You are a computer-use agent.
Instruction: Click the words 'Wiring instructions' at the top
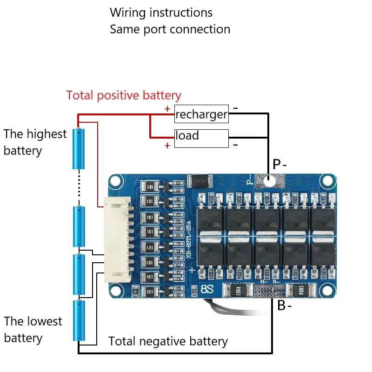(x=161, y=13)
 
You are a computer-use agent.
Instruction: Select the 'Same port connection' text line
(x=170, y=29)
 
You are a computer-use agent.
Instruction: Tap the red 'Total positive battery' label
(x=123, y=96)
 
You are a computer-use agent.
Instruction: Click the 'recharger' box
(x=201, y=114)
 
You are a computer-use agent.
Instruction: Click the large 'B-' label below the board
(x=285, y=306)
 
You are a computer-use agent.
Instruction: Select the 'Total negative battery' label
(x=168, y=342)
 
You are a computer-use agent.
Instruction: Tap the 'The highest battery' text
(x=35, y=142)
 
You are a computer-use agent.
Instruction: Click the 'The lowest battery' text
(x=33, y=330)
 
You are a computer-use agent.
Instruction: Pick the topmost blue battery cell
(x=79, y=149)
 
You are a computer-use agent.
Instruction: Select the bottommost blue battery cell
(x=79, y=321)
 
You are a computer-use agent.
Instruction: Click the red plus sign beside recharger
(x=167, y=109)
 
